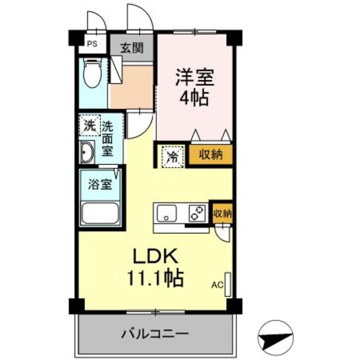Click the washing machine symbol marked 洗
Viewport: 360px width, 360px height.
point(89,125)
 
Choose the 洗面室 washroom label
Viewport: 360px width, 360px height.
point(107,138)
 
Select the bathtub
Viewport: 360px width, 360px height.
point(100,214)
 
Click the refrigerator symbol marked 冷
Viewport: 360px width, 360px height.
point(172,155)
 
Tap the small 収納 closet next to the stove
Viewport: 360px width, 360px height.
point(222,213)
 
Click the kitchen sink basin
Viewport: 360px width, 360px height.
point(167,213)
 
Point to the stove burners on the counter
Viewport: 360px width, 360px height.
point(196,213)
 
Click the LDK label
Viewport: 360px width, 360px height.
point(155,257)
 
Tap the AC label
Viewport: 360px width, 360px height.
point(218,285)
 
